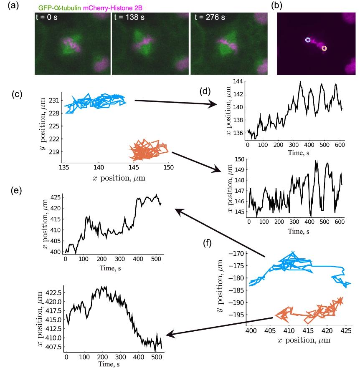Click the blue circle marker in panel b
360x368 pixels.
308,40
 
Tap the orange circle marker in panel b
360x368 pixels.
324,48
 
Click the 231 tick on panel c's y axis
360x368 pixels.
55,101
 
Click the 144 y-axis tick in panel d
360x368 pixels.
237,82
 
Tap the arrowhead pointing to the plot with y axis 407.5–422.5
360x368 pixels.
169,334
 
